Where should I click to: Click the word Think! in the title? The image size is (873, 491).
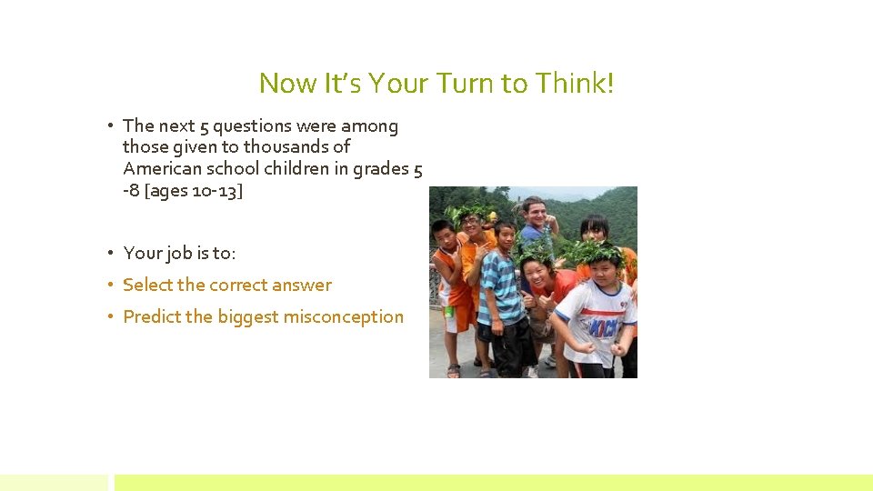point(575,84)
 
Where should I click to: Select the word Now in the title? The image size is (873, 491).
point(288,84)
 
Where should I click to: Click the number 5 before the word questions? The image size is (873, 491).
point(203,125)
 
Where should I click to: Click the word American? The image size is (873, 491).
point(163,168)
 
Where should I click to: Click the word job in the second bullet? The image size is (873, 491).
point(177,253)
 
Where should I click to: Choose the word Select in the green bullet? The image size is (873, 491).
point(147,285)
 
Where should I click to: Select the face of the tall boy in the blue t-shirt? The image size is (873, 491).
point(534,211)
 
